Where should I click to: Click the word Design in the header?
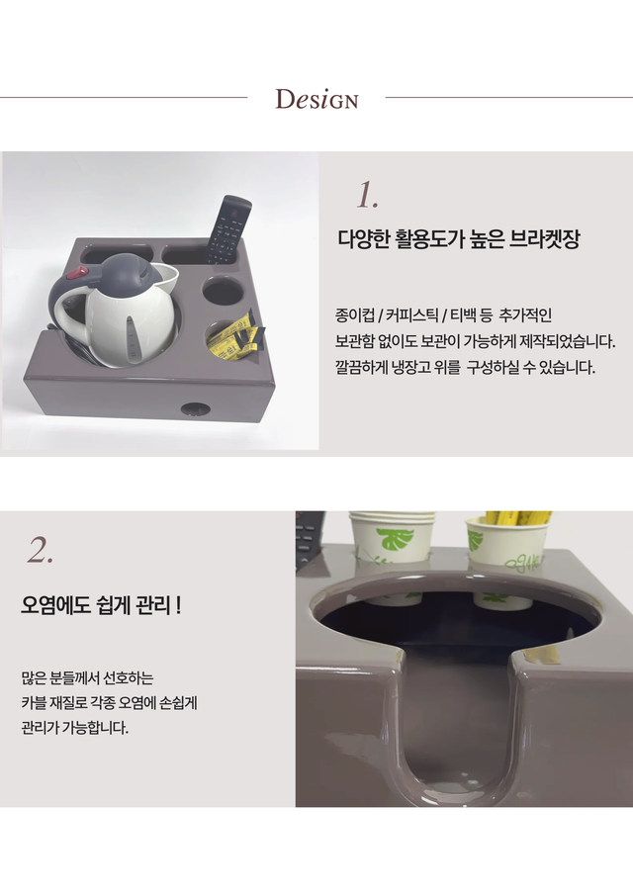point(316,99)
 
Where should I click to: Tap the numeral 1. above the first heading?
point(367,195)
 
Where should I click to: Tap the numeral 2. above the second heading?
point(40,550)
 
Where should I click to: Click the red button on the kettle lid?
point(75,274)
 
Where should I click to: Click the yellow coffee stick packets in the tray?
point(236,339)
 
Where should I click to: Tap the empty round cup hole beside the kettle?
point(222,292)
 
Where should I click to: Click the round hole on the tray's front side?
point(195,408)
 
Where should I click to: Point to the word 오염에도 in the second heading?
point(55,604)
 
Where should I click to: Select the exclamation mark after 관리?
point(179,604)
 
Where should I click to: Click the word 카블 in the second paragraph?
point(34,702)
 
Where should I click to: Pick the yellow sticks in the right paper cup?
point(517,517)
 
